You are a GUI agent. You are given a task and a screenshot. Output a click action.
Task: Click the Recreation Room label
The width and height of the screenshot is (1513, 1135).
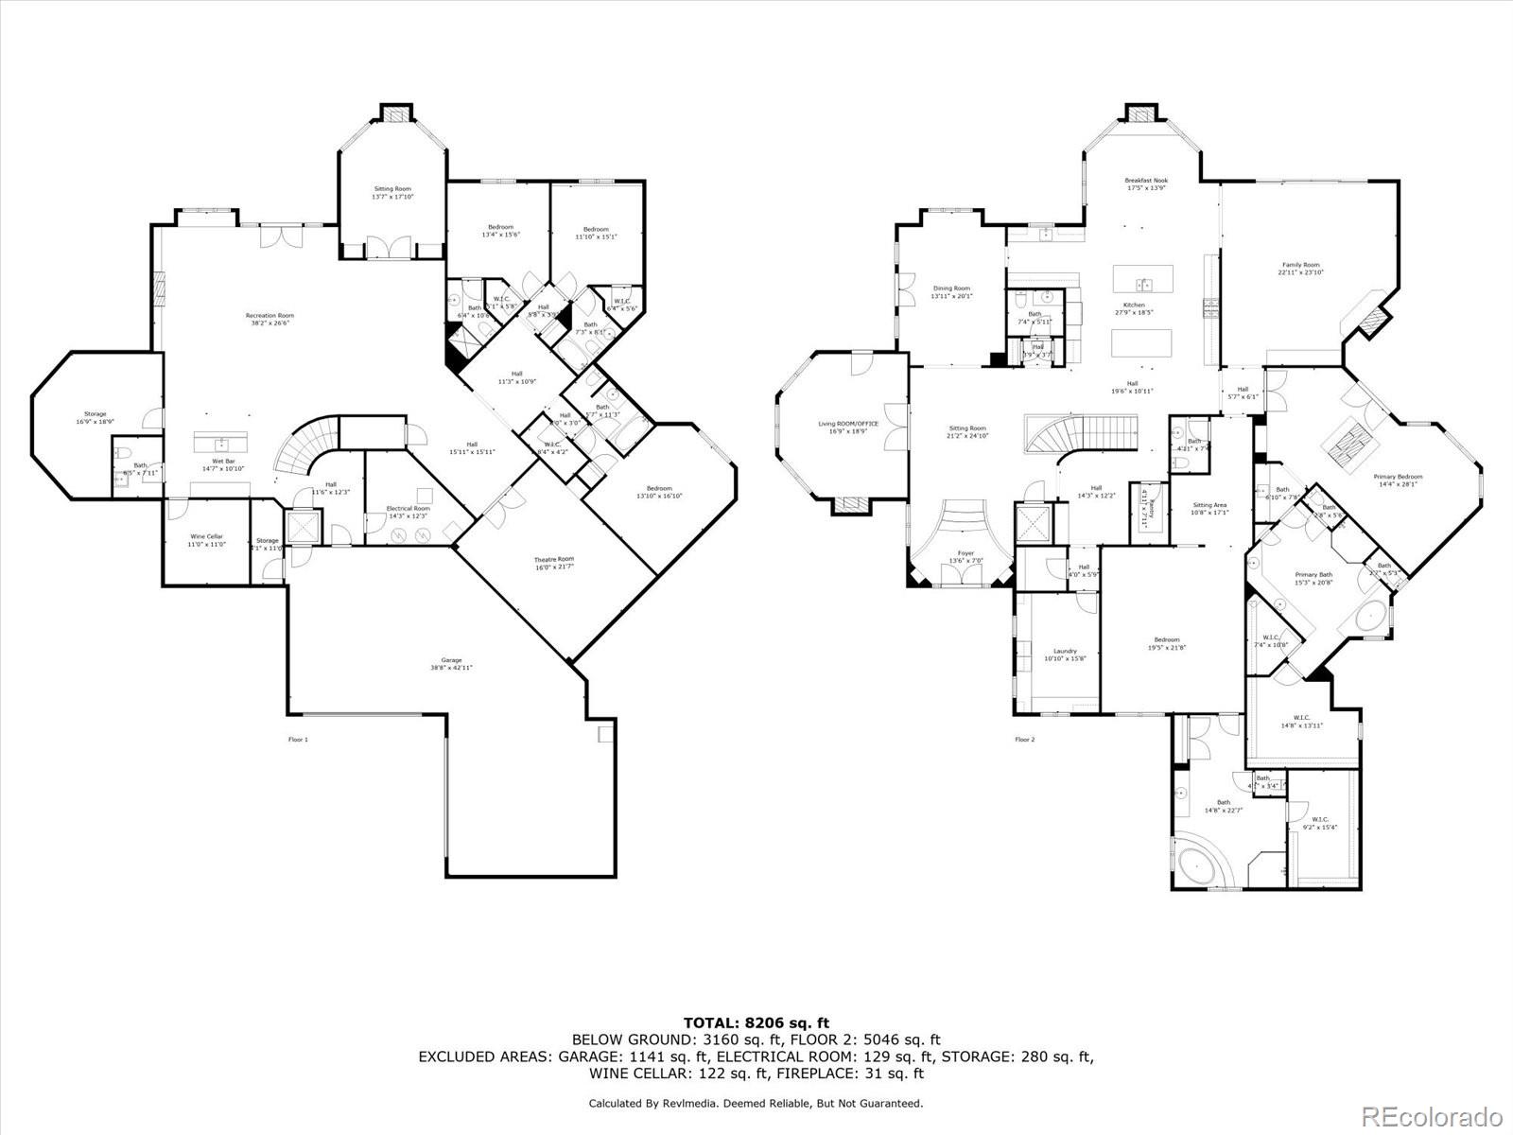click(270, 319)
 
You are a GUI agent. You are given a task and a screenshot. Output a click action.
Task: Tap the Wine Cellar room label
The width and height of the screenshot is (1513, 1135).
click(207, 540)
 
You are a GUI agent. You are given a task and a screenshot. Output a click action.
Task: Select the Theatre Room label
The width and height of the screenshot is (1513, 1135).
click(553, 563)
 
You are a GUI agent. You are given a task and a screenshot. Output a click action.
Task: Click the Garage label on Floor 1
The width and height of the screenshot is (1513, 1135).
click(451, 664)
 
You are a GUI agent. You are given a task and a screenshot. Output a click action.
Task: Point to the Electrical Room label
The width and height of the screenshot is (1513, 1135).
click(408, 512)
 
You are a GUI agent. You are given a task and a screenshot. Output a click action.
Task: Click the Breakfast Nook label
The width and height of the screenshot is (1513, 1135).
click(1146, 183)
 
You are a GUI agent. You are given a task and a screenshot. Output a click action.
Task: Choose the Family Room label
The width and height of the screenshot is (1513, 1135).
click(1300, 269)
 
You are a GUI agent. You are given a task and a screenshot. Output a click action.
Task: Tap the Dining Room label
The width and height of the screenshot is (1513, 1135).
click(951, 292)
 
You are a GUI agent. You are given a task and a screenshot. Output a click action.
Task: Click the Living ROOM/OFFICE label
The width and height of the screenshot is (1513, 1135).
click(848, 427)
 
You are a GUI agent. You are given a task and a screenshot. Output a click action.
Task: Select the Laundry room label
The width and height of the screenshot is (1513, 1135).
click(1065, 655)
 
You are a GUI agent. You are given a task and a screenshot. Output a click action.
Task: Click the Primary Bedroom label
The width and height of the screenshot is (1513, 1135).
click(1398, 480)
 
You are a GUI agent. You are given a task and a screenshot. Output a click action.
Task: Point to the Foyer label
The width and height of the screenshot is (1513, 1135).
click(965, 556)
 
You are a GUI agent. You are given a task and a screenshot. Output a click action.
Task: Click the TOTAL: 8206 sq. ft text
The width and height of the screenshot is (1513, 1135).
click(756, 1022)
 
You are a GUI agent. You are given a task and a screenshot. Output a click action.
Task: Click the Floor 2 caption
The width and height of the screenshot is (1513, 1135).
click(1025, 740)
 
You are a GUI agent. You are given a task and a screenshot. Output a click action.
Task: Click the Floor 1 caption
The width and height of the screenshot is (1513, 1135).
click(298, 740)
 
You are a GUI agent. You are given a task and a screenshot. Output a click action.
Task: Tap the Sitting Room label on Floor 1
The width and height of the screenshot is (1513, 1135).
click(391, 193)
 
